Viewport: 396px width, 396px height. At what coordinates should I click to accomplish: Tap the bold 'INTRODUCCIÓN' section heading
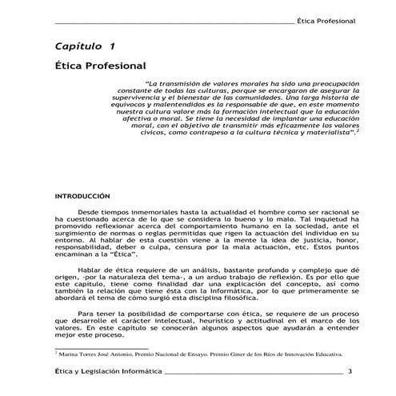click(x=82, y=195)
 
